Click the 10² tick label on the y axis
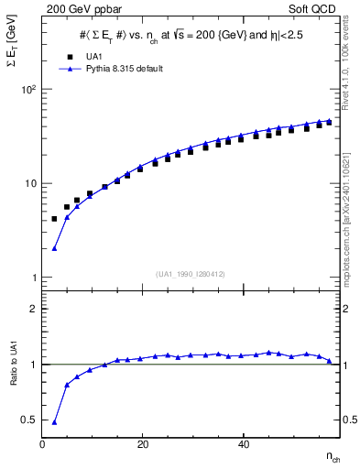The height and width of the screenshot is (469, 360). [x=28, y=90]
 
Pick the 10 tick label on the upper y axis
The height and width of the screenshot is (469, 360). [x=29, y=183]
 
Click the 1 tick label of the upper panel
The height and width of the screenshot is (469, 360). [x=33, y=277]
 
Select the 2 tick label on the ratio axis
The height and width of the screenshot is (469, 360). [x=34, y=309]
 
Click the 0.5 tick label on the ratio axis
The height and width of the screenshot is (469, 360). [x=30, y=420]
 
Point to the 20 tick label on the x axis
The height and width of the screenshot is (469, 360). [x=143, y=444]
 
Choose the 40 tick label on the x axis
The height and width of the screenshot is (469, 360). [x=243, y=444]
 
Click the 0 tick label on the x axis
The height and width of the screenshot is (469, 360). [x=43, y=444]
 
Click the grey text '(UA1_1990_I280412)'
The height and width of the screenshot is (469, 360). [x=190, y=272]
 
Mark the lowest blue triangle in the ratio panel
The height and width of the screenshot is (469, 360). [x=54, y=422]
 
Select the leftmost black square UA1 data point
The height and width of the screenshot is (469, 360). [x=54, y=219]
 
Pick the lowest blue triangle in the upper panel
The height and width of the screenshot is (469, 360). [x=54, y=247]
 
